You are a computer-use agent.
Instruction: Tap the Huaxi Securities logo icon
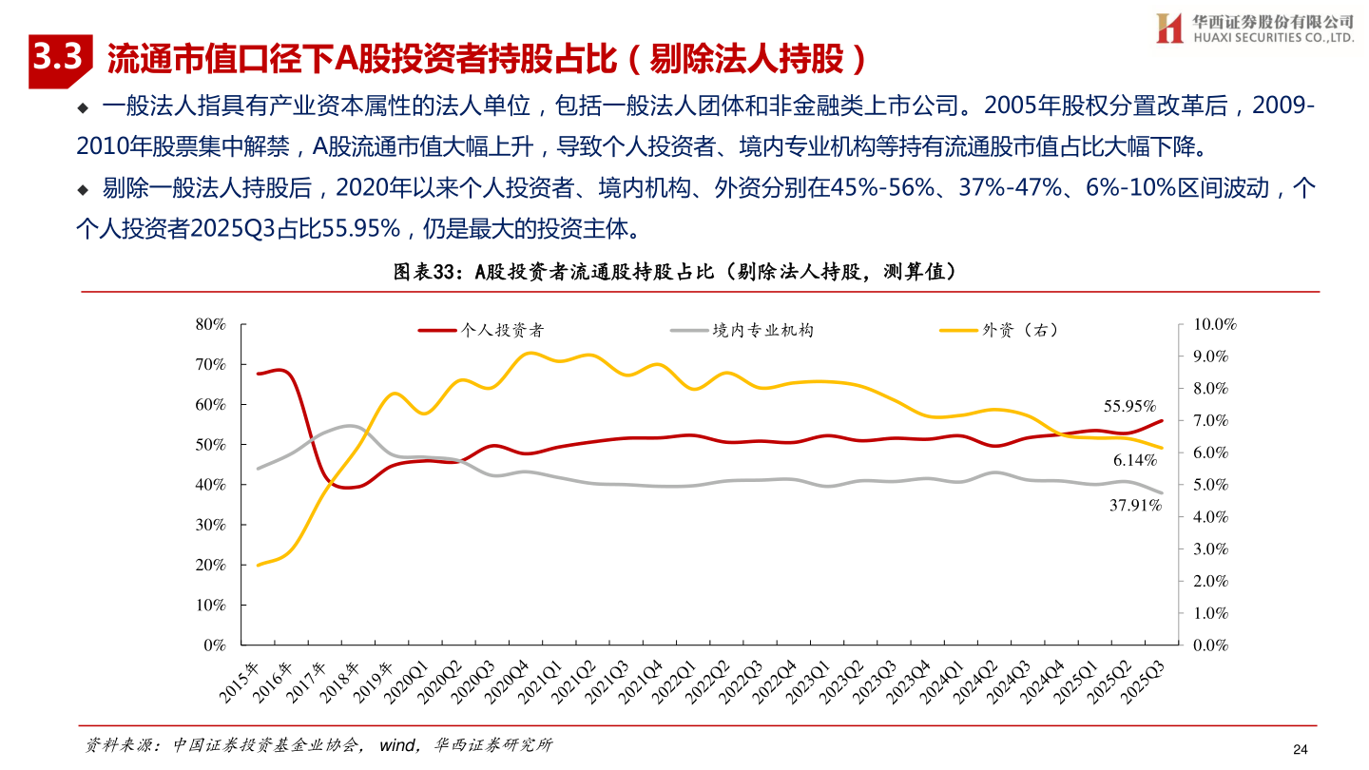coord(1167,29)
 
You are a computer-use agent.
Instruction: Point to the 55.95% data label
coord(1129,407)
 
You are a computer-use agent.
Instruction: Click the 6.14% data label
coord(1135,460)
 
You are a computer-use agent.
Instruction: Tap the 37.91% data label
coord(1135,506)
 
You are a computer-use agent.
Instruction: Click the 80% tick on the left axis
coord(209,324)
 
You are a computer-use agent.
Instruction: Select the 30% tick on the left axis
coord(209,525)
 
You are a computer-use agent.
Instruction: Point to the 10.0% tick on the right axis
coord(1213,324)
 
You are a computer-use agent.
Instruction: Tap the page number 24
coord(1301,749)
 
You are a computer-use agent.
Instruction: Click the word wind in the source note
coord(396,745)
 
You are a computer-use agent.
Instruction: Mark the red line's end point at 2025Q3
coord(1161,421)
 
